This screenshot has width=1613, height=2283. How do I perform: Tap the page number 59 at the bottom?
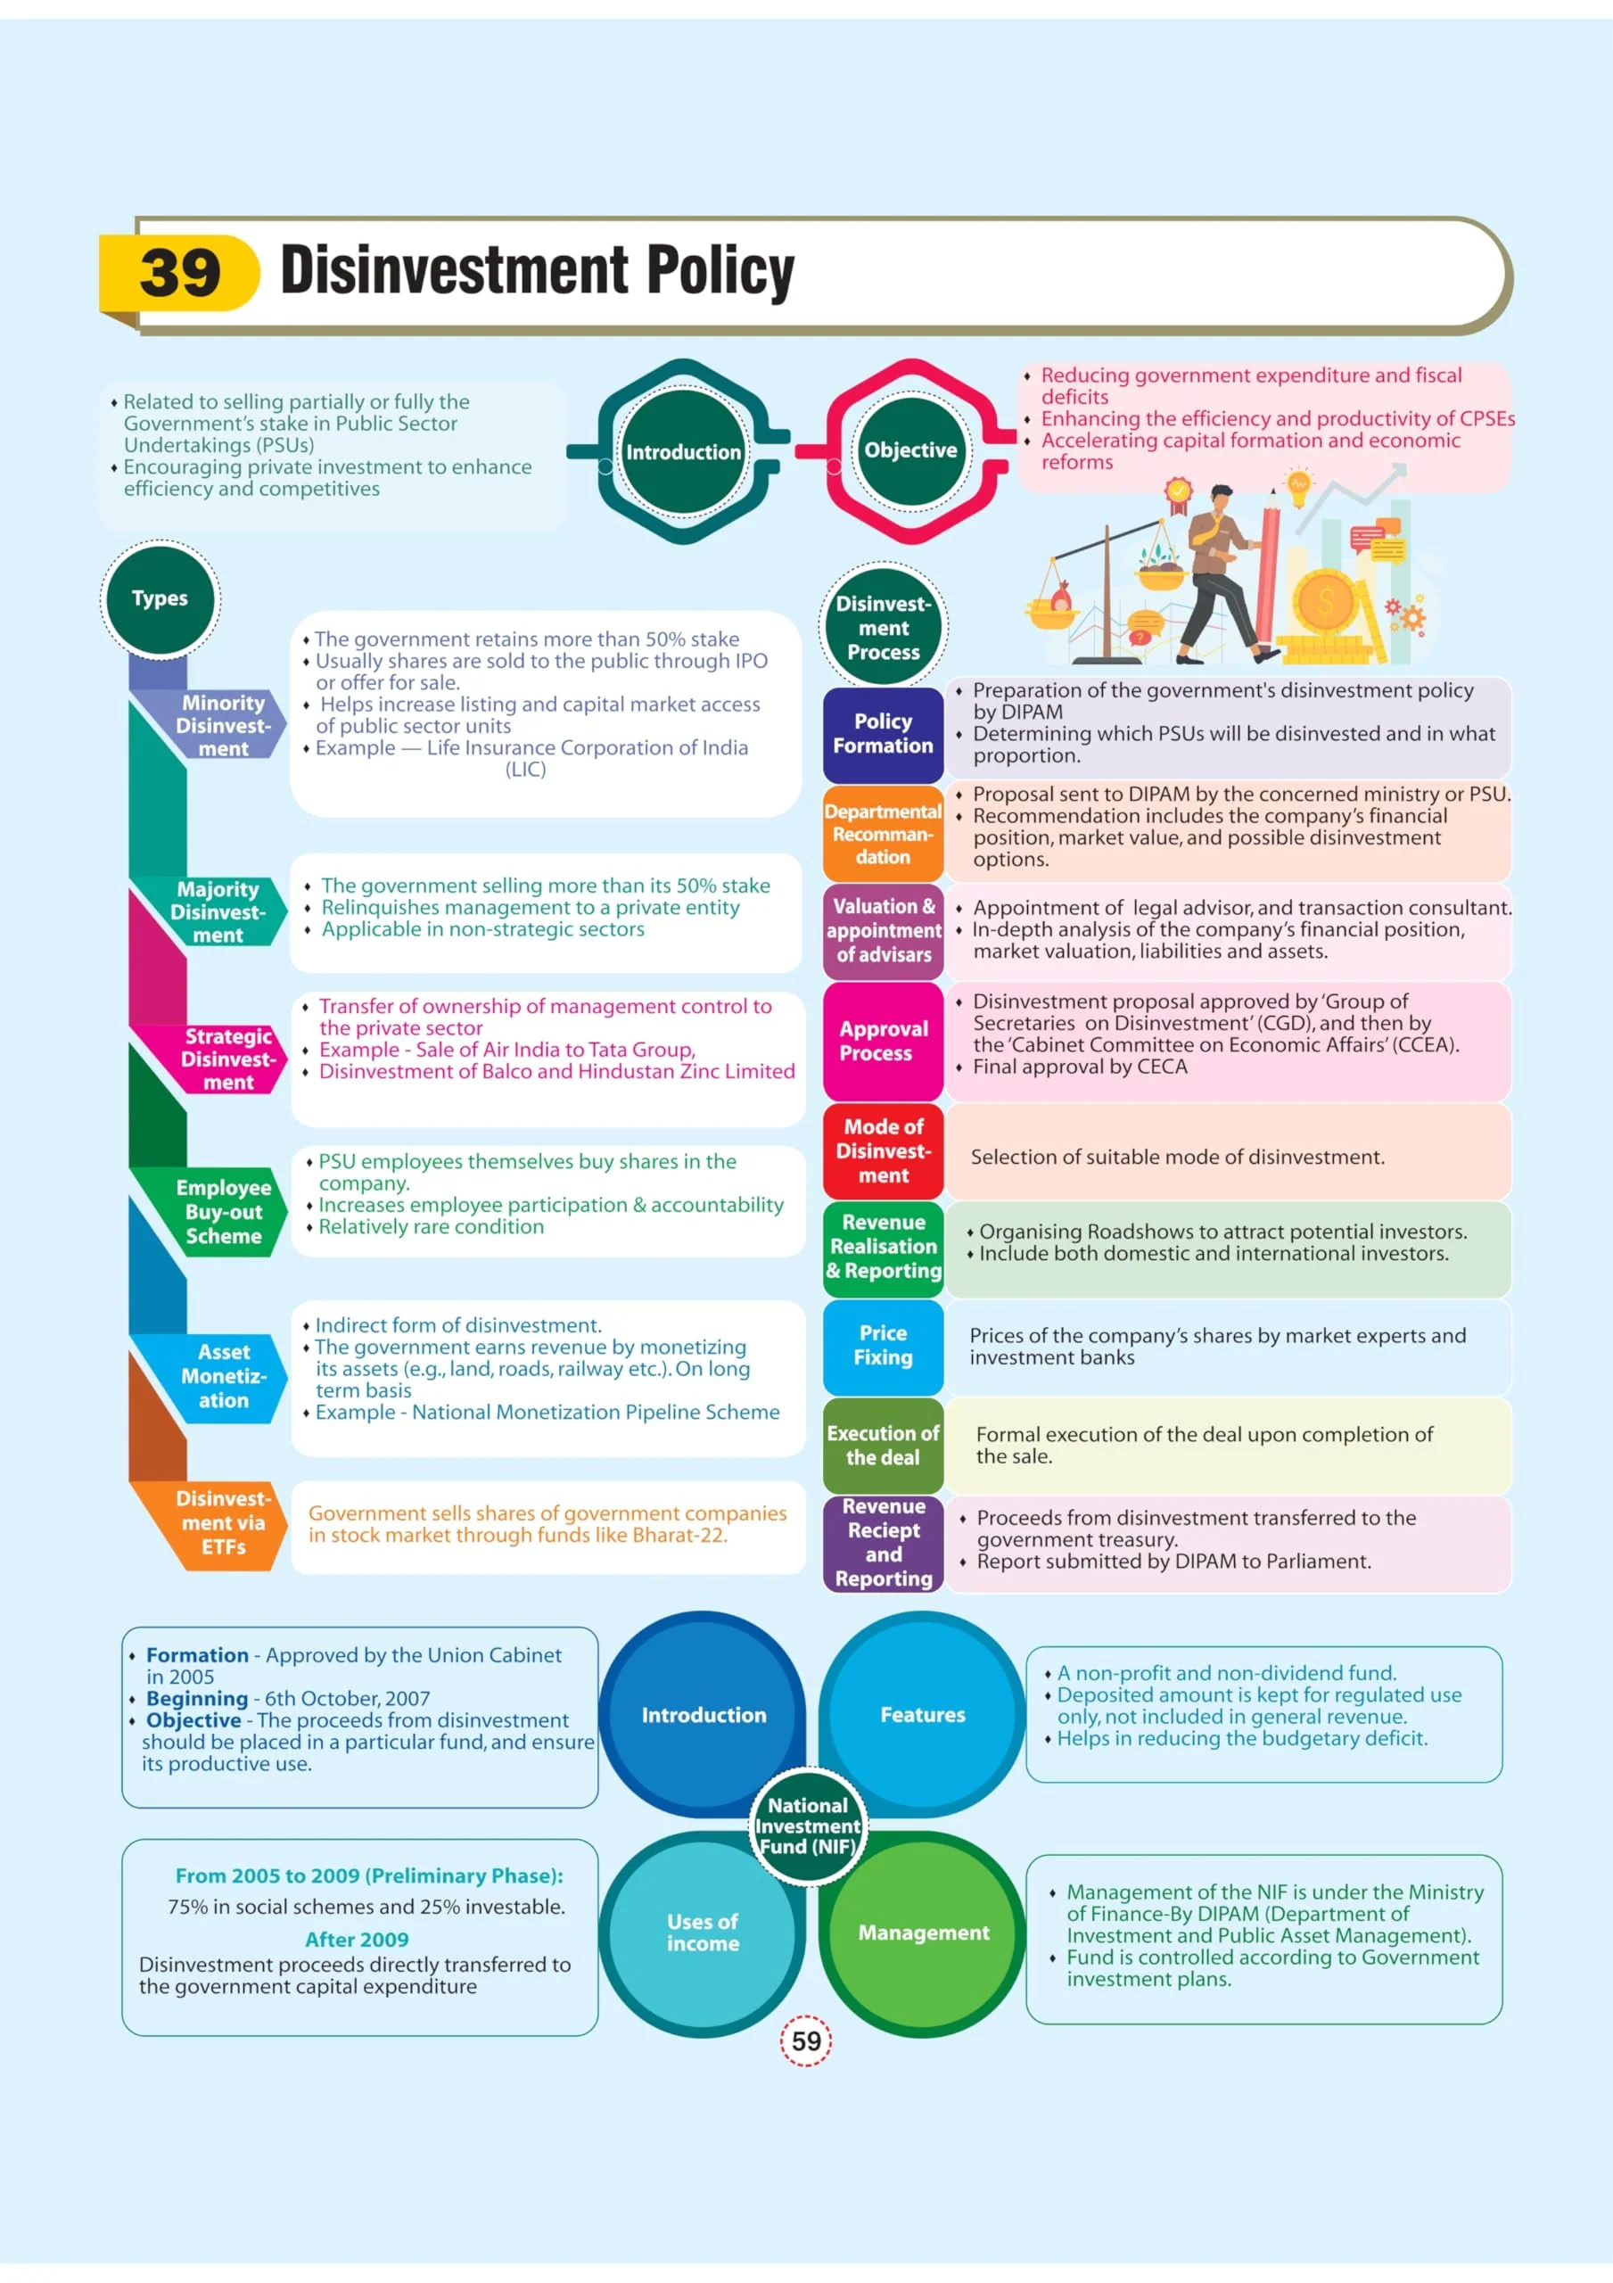coord(805,2041)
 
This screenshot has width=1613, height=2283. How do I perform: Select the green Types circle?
coord(160,598)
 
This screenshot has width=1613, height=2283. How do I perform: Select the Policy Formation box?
coord(883,734)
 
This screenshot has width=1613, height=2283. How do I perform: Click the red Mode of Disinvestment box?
coord(883,1150)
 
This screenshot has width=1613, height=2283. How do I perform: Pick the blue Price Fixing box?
coord(883,1347)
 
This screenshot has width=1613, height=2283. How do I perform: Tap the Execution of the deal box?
coord(883,1445)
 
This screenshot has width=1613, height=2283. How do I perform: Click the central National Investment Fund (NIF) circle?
coord(808,1826)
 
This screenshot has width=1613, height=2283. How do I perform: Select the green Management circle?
coord(923,1933)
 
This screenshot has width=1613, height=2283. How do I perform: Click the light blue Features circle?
coord(923,1714)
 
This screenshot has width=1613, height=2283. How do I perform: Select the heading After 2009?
coord(357,1939)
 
